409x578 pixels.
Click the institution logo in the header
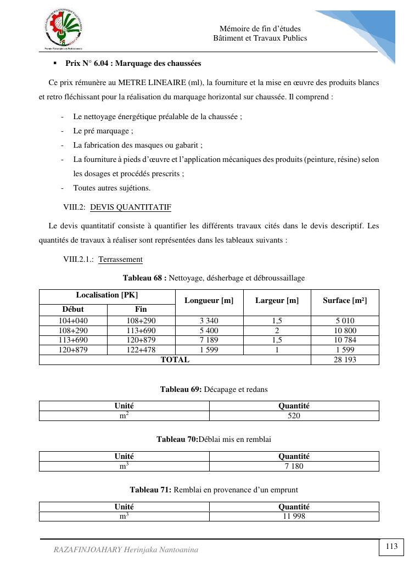click(64, 30)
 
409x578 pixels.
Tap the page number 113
click(391, 546)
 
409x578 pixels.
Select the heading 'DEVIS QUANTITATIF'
click(131, 207)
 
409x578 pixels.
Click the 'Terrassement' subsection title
click(120, 260)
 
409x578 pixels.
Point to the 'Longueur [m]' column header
click(209, 300)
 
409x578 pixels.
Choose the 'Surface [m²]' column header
click(345, 300)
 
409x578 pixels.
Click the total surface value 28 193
click(345, 360)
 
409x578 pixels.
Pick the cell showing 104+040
click(73, 321)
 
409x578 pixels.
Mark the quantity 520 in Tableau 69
click(294, 416)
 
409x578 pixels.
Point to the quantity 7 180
click(294, 467)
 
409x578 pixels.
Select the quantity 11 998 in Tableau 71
click(294, 517)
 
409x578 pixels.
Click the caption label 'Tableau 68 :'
click(144, 278)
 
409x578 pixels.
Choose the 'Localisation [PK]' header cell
click(107, 295)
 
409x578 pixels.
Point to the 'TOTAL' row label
click(175, 360)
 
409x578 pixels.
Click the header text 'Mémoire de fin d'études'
click(260, 29)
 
